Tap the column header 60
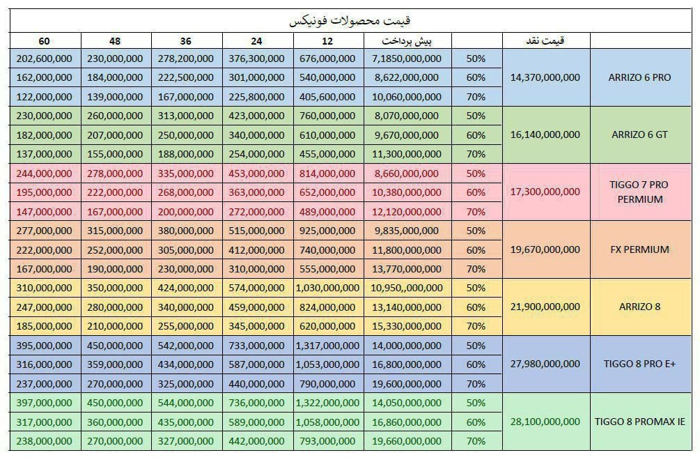click(45, 40)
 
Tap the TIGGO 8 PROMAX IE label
click(639, 422)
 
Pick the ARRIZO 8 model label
click(639, 307)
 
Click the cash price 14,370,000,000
click(545, 77)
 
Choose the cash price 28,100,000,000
click(545, 422)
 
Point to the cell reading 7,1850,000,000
click(407, 59)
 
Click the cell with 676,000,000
click(327, 59)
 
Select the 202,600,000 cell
click(45, 59)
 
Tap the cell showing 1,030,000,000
click(327, 288)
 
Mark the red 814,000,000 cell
click(327, 173)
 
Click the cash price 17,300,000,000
click(545, 192)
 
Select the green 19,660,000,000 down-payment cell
click(407, 441)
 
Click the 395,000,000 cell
click(45, 346)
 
